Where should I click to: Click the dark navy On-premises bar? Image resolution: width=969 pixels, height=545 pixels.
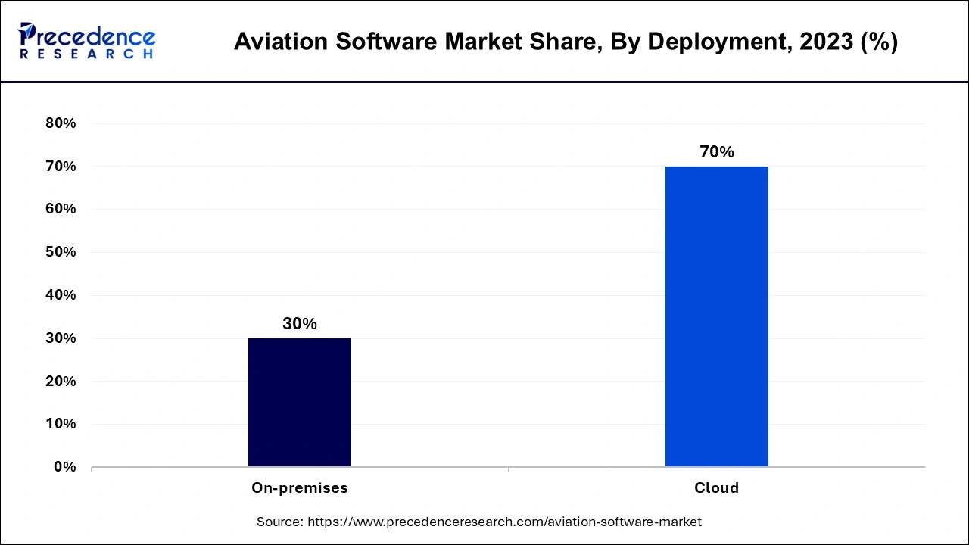[300, 402]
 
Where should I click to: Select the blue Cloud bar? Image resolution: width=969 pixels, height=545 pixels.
[716, 316]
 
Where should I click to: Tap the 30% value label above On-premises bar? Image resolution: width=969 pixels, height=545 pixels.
[300, 324]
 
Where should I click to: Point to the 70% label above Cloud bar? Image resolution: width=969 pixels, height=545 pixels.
[716, 152]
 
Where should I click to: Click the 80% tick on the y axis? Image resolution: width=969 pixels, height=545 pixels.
[61, 123]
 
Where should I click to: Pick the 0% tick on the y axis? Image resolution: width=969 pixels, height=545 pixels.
[64, 467]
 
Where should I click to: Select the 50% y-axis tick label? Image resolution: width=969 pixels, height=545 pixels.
[61, 252]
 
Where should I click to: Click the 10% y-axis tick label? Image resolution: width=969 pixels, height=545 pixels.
[61, 424]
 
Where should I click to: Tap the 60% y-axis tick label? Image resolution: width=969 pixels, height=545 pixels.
[61, 209]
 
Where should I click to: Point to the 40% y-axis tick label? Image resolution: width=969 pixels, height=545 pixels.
[61, 295]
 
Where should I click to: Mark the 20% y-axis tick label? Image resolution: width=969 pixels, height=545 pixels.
[61, 381]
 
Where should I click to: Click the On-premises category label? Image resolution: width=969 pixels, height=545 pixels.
[300, 488]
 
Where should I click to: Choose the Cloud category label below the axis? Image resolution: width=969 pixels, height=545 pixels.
[716, 488]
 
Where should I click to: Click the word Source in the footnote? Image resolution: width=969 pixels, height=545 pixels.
[279, 522]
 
